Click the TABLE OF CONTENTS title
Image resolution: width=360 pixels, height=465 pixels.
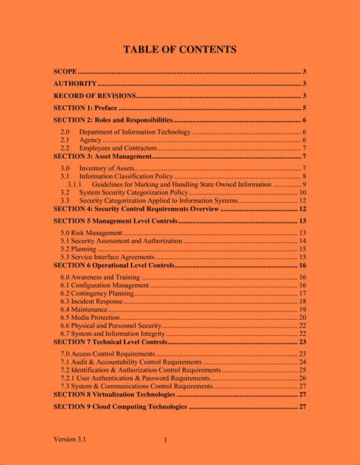[x=180, y=50]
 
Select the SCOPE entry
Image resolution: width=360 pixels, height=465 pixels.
[x=66, y=71]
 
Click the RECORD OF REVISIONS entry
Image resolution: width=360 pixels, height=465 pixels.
[x=94, y=96]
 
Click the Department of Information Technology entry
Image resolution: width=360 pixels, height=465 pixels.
[x=135, y=132]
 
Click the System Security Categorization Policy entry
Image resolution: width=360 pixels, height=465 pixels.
[x=134, y=192]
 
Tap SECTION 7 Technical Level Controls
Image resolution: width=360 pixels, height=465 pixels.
[x=110, y=342]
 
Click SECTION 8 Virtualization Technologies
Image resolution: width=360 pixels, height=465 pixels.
[x=114, y=394]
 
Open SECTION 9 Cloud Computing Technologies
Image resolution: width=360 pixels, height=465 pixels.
[x=120, y=406]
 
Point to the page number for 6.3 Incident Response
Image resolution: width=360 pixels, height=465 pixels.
[x=302, y=302]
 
